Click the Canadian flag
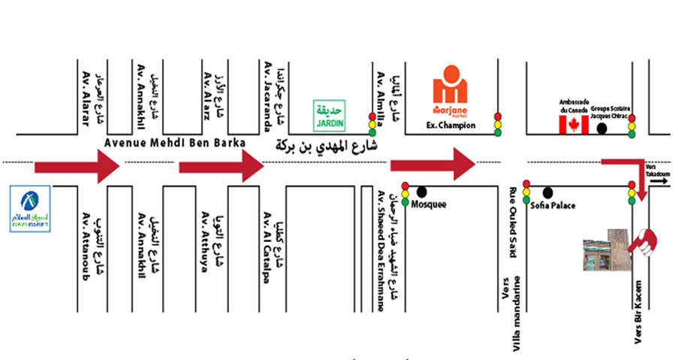tap(573, 125)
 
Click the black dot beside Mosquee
tap(421, 191)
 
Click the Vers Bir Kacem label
tap(638, 315)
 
